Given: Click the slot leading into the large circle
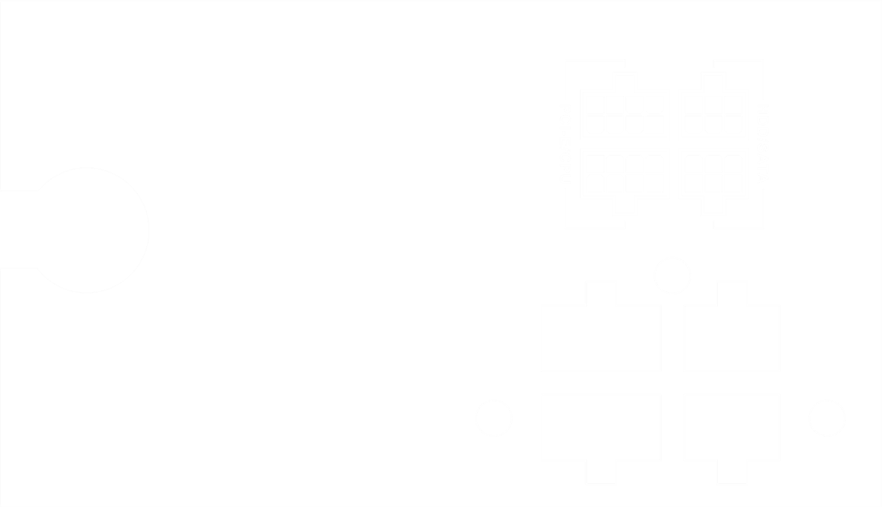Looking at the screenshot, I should pos(18,230).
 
